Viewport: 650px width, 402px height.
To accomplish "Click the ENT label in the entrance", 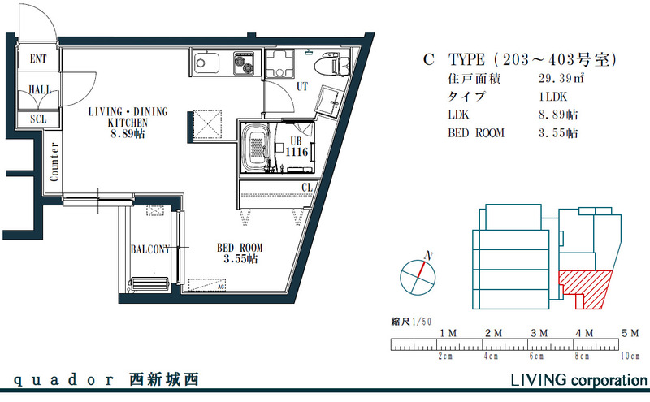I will pyautogui.click(x=38, y=59).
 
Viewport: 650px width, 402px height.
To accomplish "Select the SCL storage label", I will pyautogui.click(x=38, y=119).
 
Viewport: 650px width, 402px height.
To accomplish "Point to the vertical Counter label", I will pyautogui.click(x=54, y=162).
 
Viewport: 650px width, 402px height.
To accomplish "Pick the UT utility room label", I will pyautogui.click(x=301, y=85).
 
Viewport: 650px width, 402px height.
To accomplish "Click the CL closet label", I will pyautogui.click(x=306, y=188).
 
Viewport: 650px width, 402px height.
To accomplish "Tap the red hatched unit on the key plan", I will pyautogui.click(x=586, y=286).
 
